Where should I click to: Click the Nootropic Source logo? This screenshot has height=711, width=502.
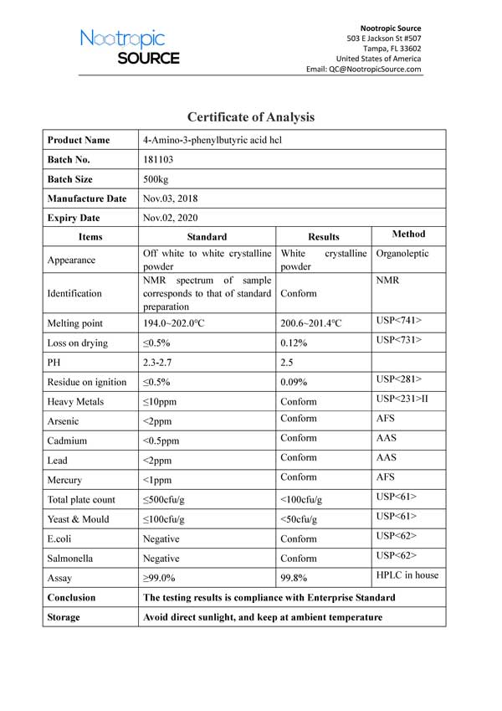[x=130, y=47]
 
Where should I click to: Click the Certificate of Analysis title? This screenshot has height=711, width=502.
[x=251, y=117]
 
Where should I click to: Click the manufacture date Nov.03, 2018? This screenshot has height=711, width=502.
[x=170, y=198]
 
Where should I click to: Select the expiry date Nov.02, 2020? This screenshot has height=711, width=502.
[x=170, y=218]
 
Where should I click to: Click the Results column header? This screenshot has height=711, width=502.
[x=324, y=237]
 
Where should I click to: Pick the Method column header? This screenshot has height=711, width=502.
[x=408, y=234]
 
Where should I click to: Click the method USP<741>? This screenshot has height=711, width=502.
[x=399, y=320]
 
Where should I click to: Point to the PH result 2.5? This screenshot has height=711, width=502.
[x=288, y=362]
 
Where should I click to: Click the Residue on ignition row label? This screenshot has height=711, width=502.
[x=87, y=382]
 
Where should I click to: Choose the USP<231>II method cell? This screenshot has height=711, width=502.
[x=402, y=399]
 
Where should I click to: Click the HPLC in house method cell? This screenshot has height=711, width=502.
[x=407, y=574]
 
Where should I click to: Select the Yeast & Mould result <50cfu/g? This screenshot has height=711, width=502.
[x=301, y=519]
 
